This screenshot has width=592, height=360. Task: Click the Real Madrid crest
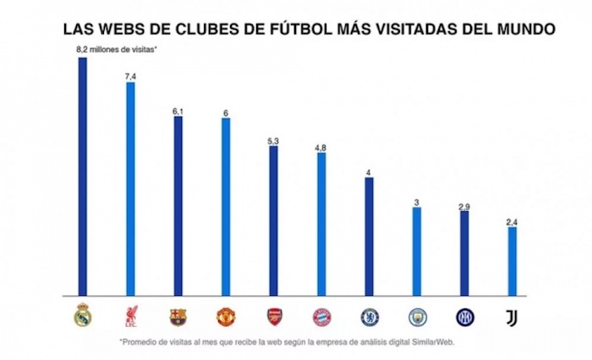pyautogui.click(x=83, y=315)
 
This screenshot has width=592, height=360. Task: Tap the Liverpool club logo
pyautogui.click(x=130, y=316)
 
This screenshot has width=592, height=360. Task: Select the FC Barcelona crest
pyautogui.click(x=178, y=317)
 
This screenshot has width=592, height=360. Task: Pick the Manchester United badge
pyautogui.click(x=226, y=317)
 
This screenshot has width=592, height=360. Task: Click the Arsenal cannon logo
pyautogui.click(x=274, y=317)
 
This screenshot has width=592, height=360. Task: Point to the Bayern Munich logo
pyautogui.click(x=321, y=317)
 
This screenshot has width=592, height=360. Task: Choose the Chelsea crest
pyautogui.click(x=370, y=317)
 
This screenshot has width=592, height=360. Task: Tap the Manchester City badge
pyautogui.click(x=417, y=317)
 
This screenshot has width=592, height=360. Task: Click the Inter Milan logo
pyautogui.click(x=465, y=317)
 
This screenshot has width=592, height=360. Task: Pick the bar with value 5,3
pyautogui.click(x=274, y=220)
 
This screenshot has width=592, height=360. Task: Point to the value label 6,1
pyautogui.click(x=178, y=110)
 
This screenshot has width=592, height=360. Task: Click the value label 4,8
pyautogui.click(x=321, y=147)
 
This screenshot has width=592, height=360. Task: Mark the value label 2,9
pyautogui.click(x=465, y=205)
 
